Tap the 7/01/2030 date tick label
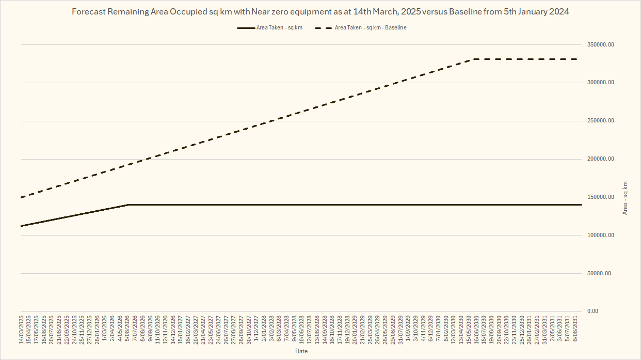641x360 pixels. click(438, 331)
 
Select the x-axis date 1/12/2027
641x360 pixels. click(257, 331)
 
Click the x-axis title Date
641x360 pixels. click(301, 351)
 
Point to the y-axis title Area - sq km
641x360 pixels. click(626, 198)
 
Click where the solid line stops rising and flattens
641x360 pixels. click(128, 205)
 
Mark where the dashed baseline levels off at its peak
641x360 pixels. click(472, 59)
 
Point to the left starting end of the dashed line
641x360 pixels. click(21, 197)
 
